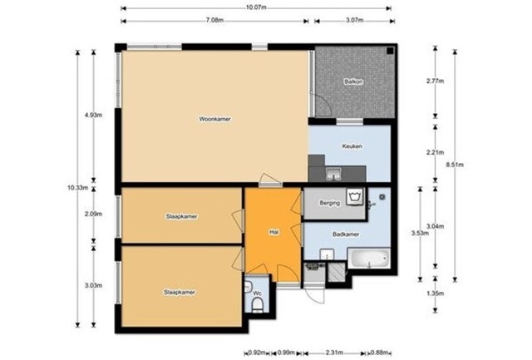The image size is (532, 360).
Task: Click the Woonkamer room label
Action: (214, 119)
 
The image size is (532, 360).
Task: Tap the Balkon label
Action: (353, 81)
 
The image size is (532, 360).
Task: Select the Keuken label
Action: (352, 146)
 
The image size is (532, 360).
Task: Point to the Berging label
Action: (329, 203)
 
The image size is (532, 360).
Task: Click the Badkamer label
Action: (346, 234)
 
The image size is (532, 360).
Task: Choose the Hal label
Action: (273, 233)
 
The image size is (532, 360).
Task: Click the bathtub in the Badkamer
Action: (369, 259)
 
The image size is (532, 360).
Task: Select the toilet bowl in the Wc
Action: (258, 305)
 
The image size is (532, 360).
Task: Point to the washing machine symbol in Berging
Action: (355, 197)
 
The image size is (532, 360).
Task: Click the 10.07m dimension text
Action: (256, 7)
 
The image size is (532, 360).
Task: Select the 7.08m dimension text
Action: (214, 20)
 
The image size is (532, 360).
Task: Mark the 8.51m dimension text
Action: (455, 165)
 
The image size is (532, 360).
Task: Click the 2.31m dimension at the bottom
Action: (334, 353)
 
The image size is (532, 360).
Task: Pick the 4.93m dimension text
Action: (93, 115)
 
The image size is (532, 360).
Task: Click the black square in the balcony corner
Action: (390, 51)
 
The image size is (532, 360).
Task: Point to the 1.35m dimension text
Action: (436, 293)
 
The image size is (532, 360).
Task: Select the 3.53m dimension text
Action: (420, 233)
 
